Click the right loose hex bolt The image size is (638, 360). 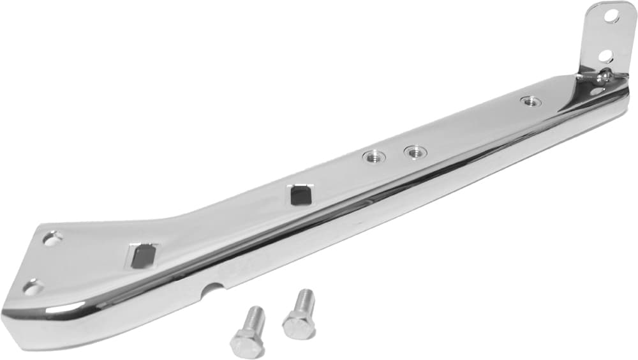pyautogui.click(x=299, y=314)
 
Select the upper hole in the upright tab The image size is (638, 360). pyautogui.click(x=612, y=15)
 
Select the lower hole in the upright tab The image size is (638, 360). pyautogui.click(x=605, y=56)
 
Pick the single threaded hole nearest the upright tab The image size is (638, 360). pyautogui.click(x=530, y=101)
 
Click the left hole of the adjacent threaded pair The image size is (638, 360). pyautogui.click(x=375, y=156)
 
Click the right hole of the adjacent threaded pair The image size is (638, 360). pyautogui.click(x=415, y=151)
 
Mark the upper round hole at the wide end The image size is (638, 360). pyautogui.click(x=52, y=238)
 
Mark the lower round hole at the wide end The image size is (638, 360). pyautogui.click(x=33, y=287)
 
